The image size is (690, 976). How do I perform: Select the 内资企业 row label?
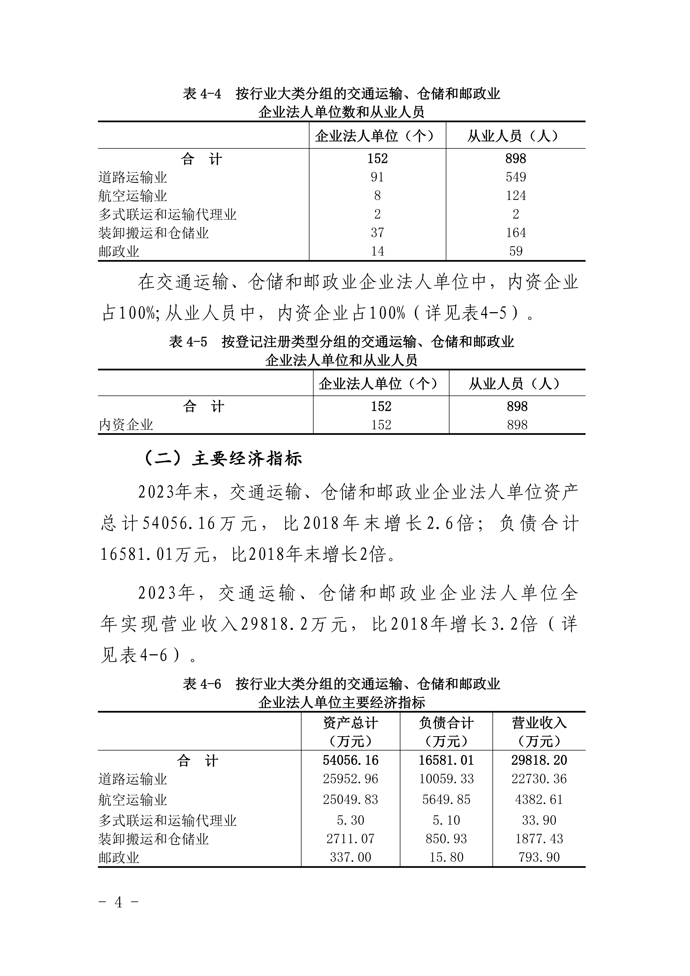[126, 425]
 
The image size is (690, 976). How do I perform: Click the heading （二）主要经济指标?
[223, 459]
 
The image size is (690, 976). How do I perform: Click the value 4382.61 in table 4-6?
[539, 799]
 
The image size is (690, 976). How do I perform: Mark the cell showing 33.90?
[539, 820]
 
